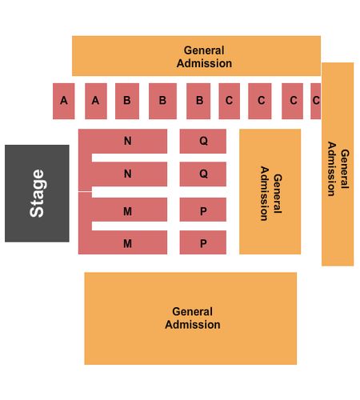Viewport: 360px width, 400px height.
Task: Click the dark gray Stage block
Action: [x=37, y=194]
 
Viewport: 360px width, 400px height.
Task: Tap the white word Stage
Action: [x=37, y=194]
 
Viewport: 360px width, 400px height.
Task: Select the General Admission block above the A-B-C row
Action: [x=196, y=56]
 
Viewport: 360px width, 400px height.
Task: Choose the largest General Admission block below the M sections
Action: [x=190, y=318]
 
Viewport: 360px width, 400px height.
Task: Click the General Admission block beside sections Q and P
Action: [x=270, y=191]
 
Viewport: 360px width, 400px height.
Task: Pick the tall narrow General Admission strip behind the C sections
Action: [x=338, y=164]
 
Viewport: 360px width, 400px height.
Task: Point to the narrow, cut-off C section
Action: [x=316, y=101]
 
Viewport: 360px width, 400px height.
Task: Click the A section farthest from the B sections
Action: [x=64, y=101]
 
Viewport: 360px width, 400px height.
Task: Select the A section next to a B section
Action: [x=96, y=101]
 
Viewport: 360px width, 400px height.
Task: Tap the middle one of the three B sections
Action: [x=162, y=101]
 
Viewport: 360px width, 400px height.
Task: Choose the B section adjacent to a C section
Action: [x=198, y=101]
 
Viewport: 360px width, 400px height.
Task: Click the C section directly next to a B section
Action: [x=230, y=101]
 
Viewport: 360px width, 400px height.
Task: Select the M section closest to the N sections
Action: [x=130, y=210]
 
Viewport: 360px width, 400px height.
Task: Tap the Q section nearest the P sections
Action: [x=203, y=174]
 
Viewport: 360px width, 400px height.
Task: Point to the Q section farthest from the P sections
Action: [x=203, y=141]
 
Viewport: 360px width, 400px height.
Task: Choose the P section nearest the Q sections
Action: [x=203, y=210]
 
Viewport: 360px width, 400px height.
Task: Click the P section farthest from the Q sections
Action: [x=203, y=242]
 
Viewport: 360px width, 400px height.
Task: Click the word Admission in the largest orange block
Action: [x=193, y=325]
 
